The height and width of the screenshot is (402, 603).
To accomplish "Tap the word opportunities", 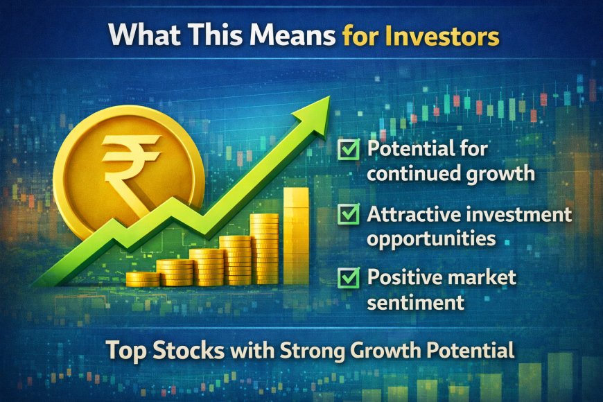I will pos(431,238).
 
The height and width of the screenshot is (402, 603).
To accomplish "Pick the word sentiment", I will pos(414,302).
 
